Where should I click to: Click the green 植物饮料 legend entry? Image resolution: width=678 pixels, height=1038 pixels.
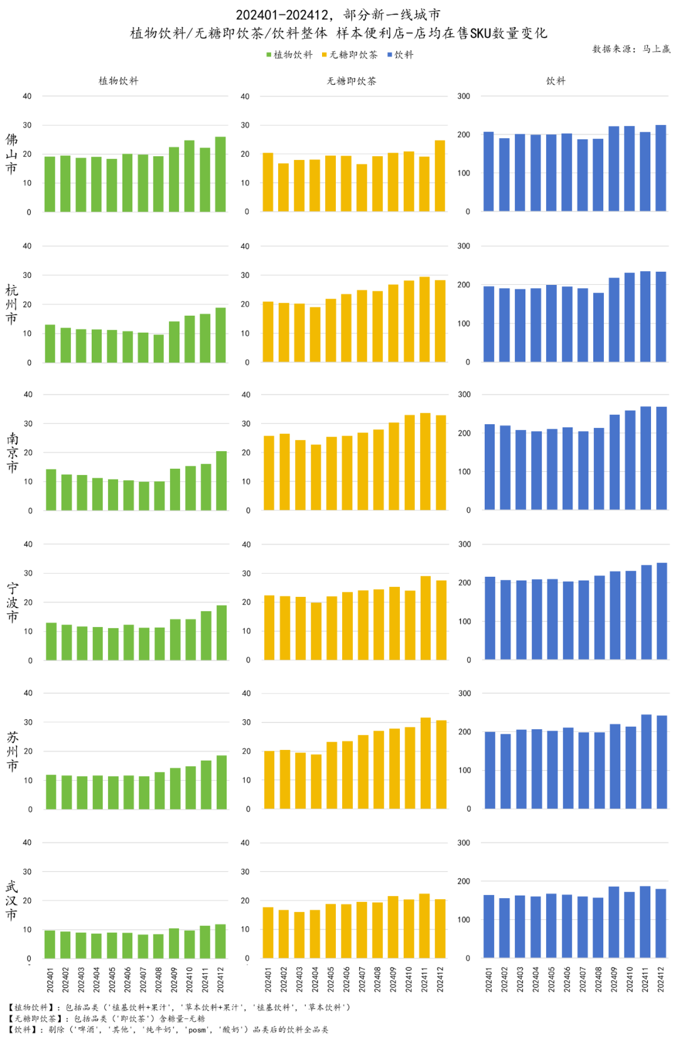pos(289,55)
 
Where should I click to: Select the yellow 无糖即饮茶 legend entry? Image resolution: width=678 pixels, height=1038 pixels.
pos(350,55)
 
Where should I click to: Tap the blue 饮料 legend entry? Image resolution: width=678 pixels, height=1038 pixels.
pos(401,55)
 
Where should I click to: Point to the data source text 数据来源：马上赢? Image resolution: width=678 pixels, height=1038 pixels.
pos(631,49)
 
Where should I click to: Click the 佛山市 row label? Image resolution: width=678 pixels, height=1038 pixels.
pos(11,154)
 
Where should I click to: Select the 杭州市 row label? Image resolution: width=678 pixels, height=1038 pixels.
pos(11,304)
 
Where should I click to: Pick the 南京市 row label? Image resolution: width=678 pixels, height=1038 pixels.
pos(12,452)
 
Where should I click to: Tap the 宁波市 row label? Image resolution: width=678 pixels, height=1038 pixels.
pos(12,602)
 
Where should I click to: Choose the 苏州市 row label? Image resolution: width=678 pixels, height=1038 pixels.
pos(12,751)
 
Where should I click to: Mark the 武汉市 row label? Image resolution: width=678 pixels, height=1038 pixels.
pos(11,901)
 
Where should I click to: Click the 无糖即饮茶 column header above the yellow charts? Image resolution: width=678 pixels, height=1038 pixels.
pos(352,81)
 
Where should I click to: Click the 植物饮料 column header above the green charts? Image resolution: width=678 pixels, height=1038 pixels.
pos(118,81)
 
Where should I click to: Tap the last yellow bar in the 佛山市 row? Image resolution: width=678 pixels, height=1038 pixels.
pos(440,176)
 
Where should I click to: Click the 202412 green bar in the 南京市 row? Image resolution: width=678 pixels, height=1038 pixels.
pos(222,481)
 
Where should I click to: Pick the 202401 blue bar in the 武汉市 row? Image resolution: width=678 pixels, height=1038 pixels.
pos(489,926)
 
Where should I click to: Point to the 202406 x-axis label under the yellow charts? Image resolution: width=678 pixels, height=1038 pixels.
pos(347,979)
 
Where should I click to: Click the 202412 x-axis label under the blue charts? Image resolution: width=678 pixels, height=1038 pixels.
pos(661,979)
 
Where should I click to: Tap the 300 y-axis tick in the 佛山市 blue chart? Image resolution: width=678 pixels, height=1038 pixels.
pos(463,96)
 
